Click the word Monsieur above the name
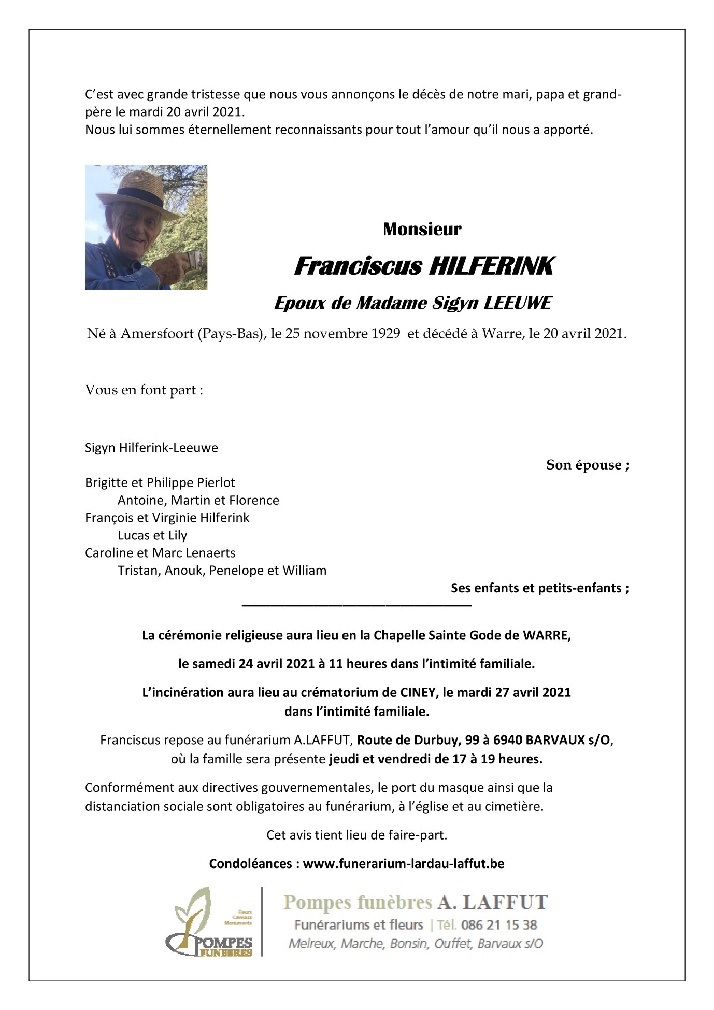(x=422, y=230)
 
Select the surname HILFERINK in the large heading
(x=491, y=266)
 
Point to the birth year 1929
(x=385, y=334)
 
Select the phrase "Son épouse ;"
(x=588, y=465)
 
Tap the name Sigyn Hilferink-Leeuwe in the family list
(x=151, y=448)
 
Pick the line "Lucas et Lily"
(x=152, y=535)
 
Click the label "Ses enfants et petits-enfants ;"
(x=539, y=588)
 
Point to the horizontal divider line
(x=356, y=605)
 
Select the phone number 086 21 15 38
(x=498, y=925)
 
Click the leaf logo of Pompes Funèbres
(x=194, y=913)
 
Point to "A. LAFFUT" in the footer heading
(x=492, y=903)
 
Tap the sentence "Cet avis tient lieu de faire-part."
(x=356, y=835)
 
